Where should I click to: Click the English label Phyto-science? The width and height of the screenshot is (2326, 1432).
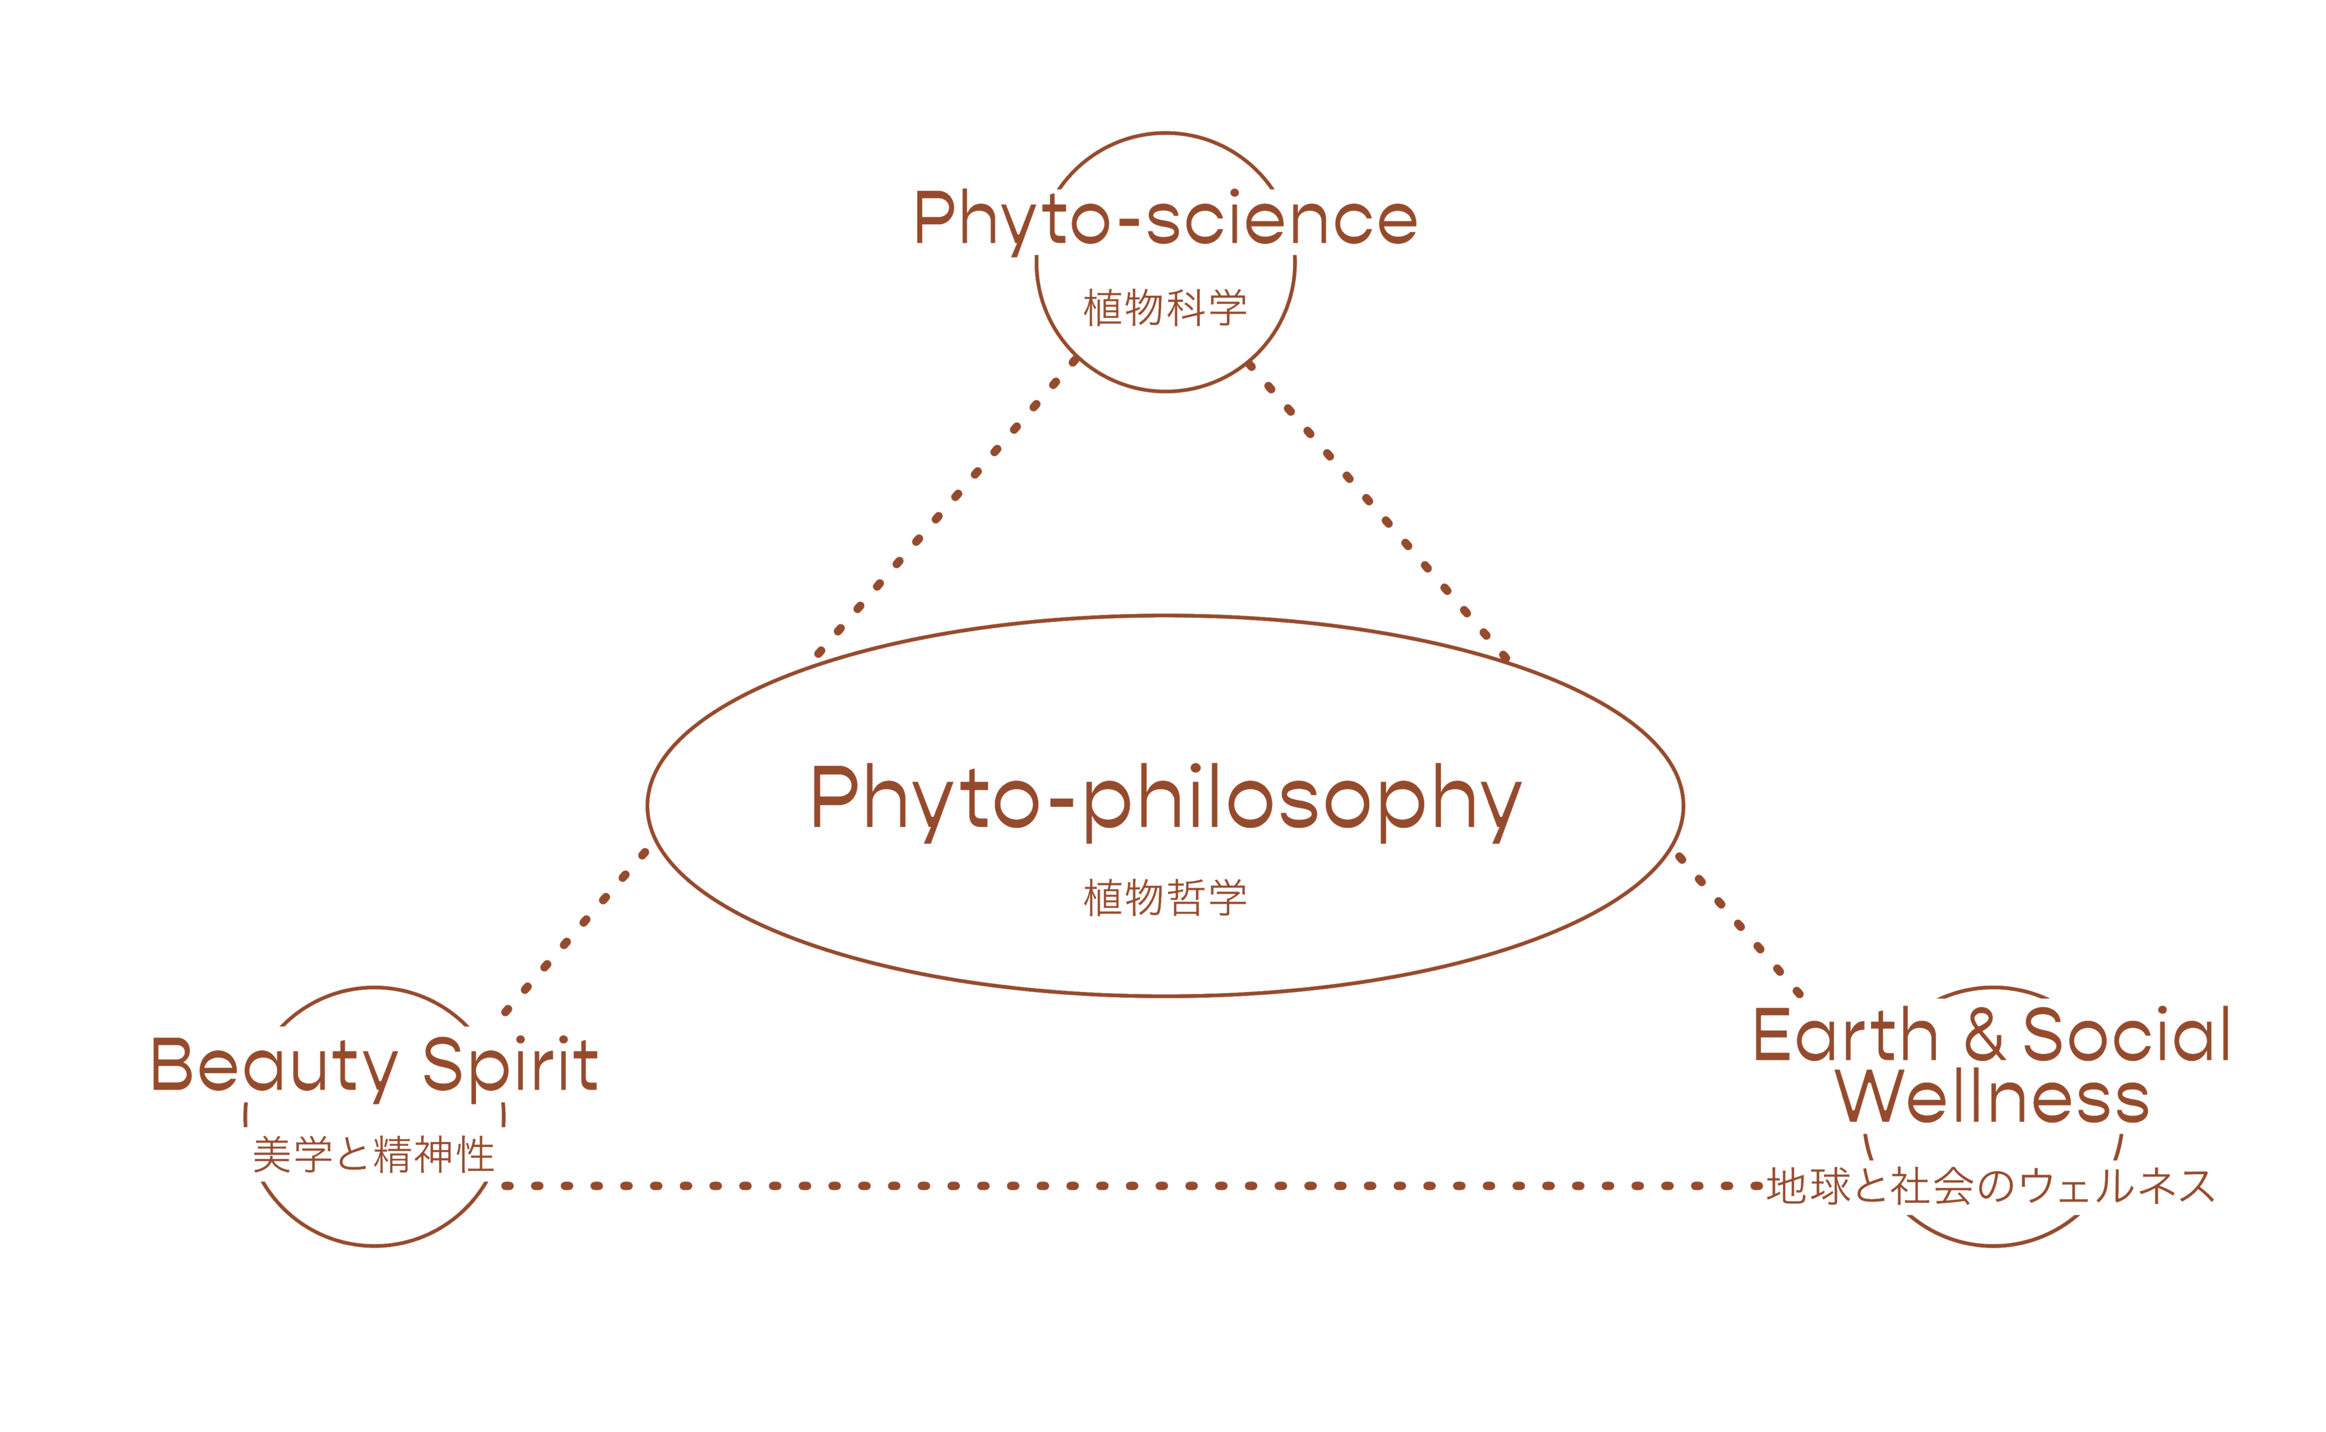point(1165,219)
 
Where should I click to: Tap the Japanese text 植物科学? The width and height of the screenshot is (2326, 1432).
point(1165,308)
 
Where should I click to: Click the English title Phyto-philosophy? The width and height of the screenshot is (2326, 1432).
point(1165,800)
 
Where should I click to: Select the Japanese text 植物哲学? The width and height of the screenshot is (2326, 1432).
point(1165,897)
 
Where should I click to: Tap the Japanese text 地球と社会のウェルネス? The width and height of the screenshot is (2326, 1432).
point(1990,1186)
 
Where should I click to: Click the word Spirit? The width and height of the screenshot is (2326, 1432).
point(509,1065)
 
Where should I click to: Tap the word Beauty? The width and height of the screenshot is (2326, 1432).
point(275,1065)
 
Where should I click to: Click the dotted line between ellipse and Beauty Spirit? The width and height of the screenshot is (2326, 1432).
point(575,932)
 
